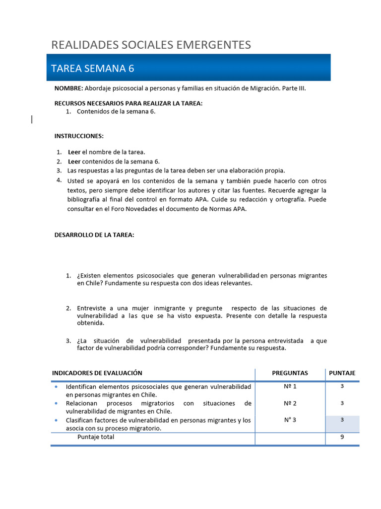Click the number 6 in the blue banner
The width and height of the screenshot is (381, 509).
coord(131,69)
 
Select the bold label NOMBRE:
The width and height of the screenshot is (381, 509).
coord(68,88)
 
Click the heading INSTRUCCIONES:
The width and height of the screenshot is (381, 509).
coord(79,136)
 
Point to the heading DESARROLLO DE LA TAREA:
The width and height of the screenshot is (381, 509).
coord(94,235)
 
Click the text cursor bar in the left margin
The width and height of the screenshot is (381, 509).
coord(32,119)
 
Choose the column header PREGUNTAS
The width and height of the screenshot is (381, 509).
coord(290,373)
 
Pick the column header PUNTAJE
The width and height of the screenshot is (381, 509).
coord(342,373)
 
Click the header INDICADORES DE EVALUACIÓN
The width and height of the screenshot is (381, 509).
coord(97,373)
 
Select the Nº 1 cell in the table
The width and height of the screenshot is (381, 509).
coord(290,386)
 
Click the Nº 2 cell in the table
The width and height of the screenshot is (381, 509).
coord(290,403)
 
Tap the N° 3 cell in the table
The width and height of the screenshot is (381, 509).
coord(290,420)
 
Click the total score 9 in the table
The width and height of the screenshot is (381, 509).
coord(342,437)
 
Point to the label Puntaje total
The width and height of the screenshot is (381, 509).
coord(96,437)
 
